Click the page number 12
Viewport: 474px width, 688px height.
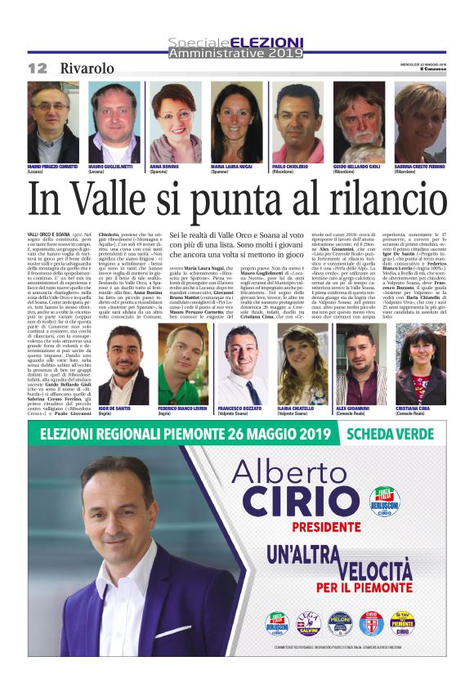(38, 68)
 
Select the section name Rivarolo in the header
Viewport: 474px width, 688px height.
(87, 68)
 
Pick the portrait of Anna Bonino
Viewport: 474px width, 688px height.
(175, 123)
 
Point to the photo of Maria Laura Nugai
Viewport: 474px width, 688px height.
(236, 123)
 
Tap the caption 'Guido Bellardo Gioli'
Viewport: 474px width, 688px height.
(358, 166)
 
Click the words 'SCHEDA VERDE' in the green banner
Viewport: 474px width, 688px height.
(391, 434)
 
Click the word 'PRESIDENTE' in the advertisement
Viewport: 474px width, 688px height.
(315, 528)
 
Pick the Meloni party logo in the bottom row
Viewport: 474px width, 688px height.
(339, 623)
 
